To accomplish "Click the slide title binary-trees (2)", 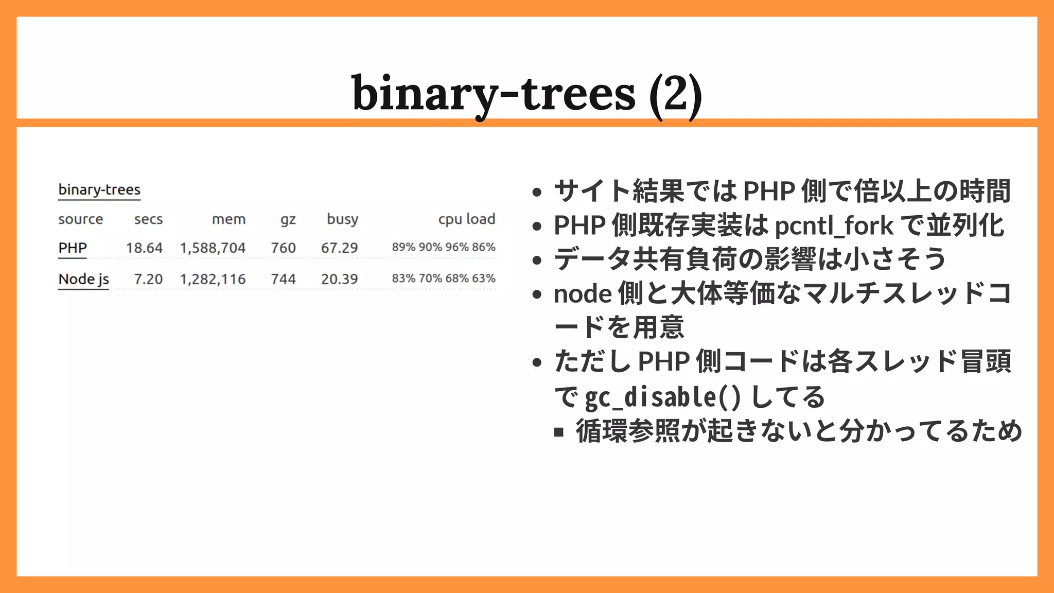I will (526, 94).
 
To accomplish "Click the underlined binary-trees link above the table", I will (99, 190).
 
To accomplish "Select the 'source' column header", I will (80, 219).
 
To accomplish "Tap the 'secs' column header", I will (148, 219).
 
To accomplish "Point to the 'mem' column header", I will (229, 219).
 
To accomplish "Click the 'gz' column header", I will (288, 220).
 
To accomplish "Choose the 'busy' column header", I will (342, 219).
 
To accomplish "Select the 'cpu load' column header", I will (466, 219).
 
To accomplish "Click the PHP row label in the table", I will (73, 248).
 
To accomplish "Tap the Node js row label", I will (83, 280).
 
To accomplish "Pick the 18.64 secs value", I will (144, 248).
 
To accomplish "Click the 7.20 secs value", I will (148, 280).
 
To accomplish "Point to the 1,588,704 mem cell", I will (213, 248).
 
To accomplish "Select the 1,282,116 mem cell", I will (213, 280).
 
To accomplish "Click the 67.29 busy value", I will (339, 248).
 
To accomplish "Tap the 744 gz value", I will (283, 280).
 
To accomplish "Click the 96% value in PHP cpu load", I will (457, 247).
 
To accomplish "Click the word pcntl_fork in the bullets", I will (834, 226).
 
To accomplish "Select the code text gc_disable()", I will (663, 397).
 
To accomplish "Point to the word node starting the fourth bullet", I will (583, 294).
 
